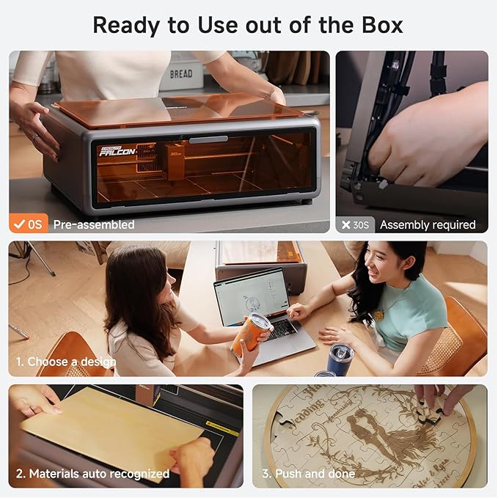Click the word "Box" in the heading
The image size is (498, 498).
(378, 25)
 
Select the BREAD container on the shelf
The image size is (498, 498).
(180, 74)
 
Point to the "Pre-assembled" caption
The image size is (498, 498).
(94, 225)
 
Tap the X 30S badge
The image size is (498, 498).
(356, 225)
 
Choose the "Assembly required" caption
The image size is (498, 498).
(428, 225)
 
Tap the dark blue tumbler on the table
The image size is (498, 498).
(340, 359)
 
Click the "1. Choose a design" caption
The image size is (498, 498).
(66, 362)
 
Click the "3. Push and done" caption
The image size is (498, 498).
(308, 474)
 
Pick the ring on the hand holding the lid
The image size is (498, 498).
(35, 137)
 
